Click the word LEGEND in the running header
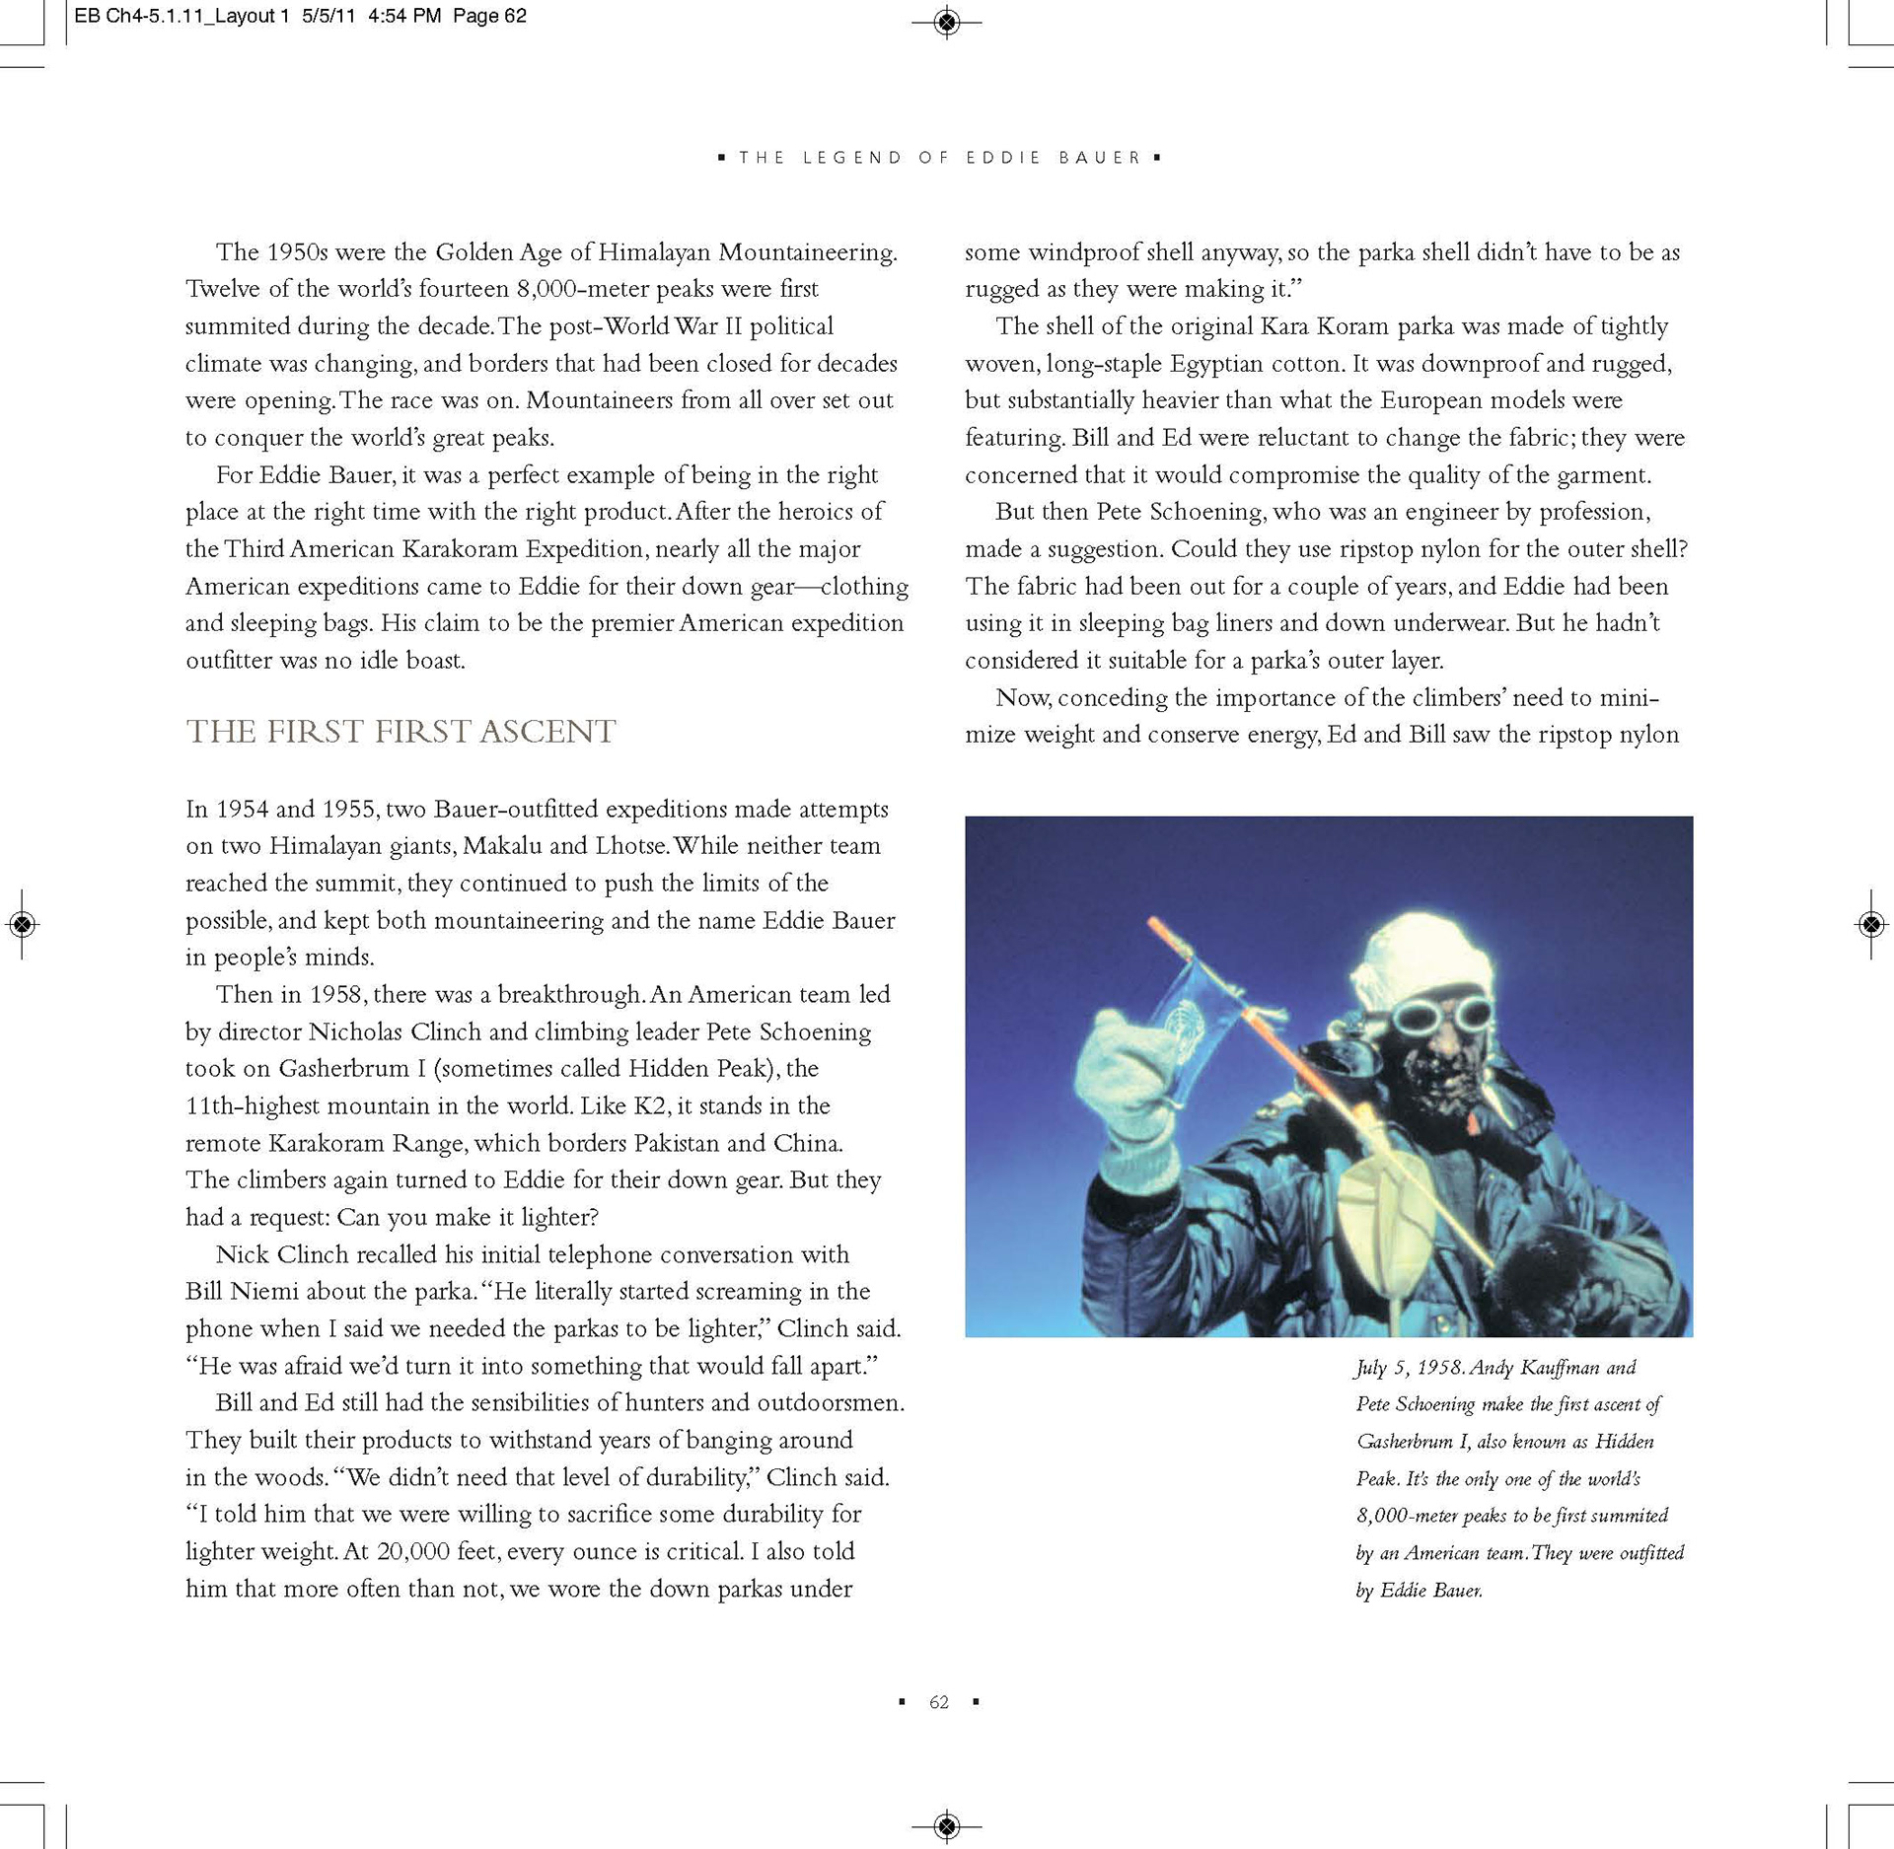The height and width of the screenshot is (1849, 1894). (852, 158)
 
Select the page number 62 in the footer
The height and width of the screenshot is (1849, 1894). (939, 1702)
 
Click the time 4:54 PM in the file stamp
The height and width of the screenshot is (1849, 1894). (404, 16)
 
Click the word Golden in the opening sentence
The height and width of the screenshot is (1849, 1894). (476, 252)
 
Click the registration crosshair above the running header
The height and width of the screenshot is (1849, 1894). (946, 22)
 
